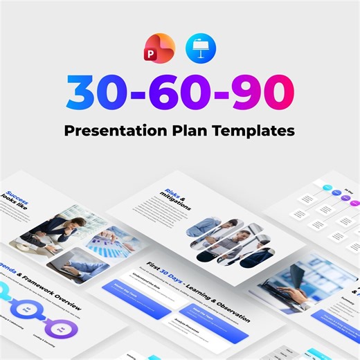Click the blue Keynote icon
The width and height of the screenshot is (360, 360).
pos(201,48)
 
